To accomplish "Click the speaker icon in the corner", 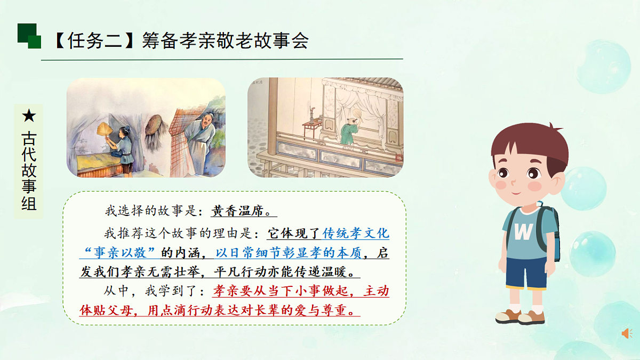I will tap(627, 333).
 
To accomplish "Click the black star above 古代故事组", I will tap(29, 116).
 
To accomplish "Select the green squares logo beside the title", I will tap(29, 36).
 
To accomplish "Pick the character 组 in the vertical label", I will tap(29, 202).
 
